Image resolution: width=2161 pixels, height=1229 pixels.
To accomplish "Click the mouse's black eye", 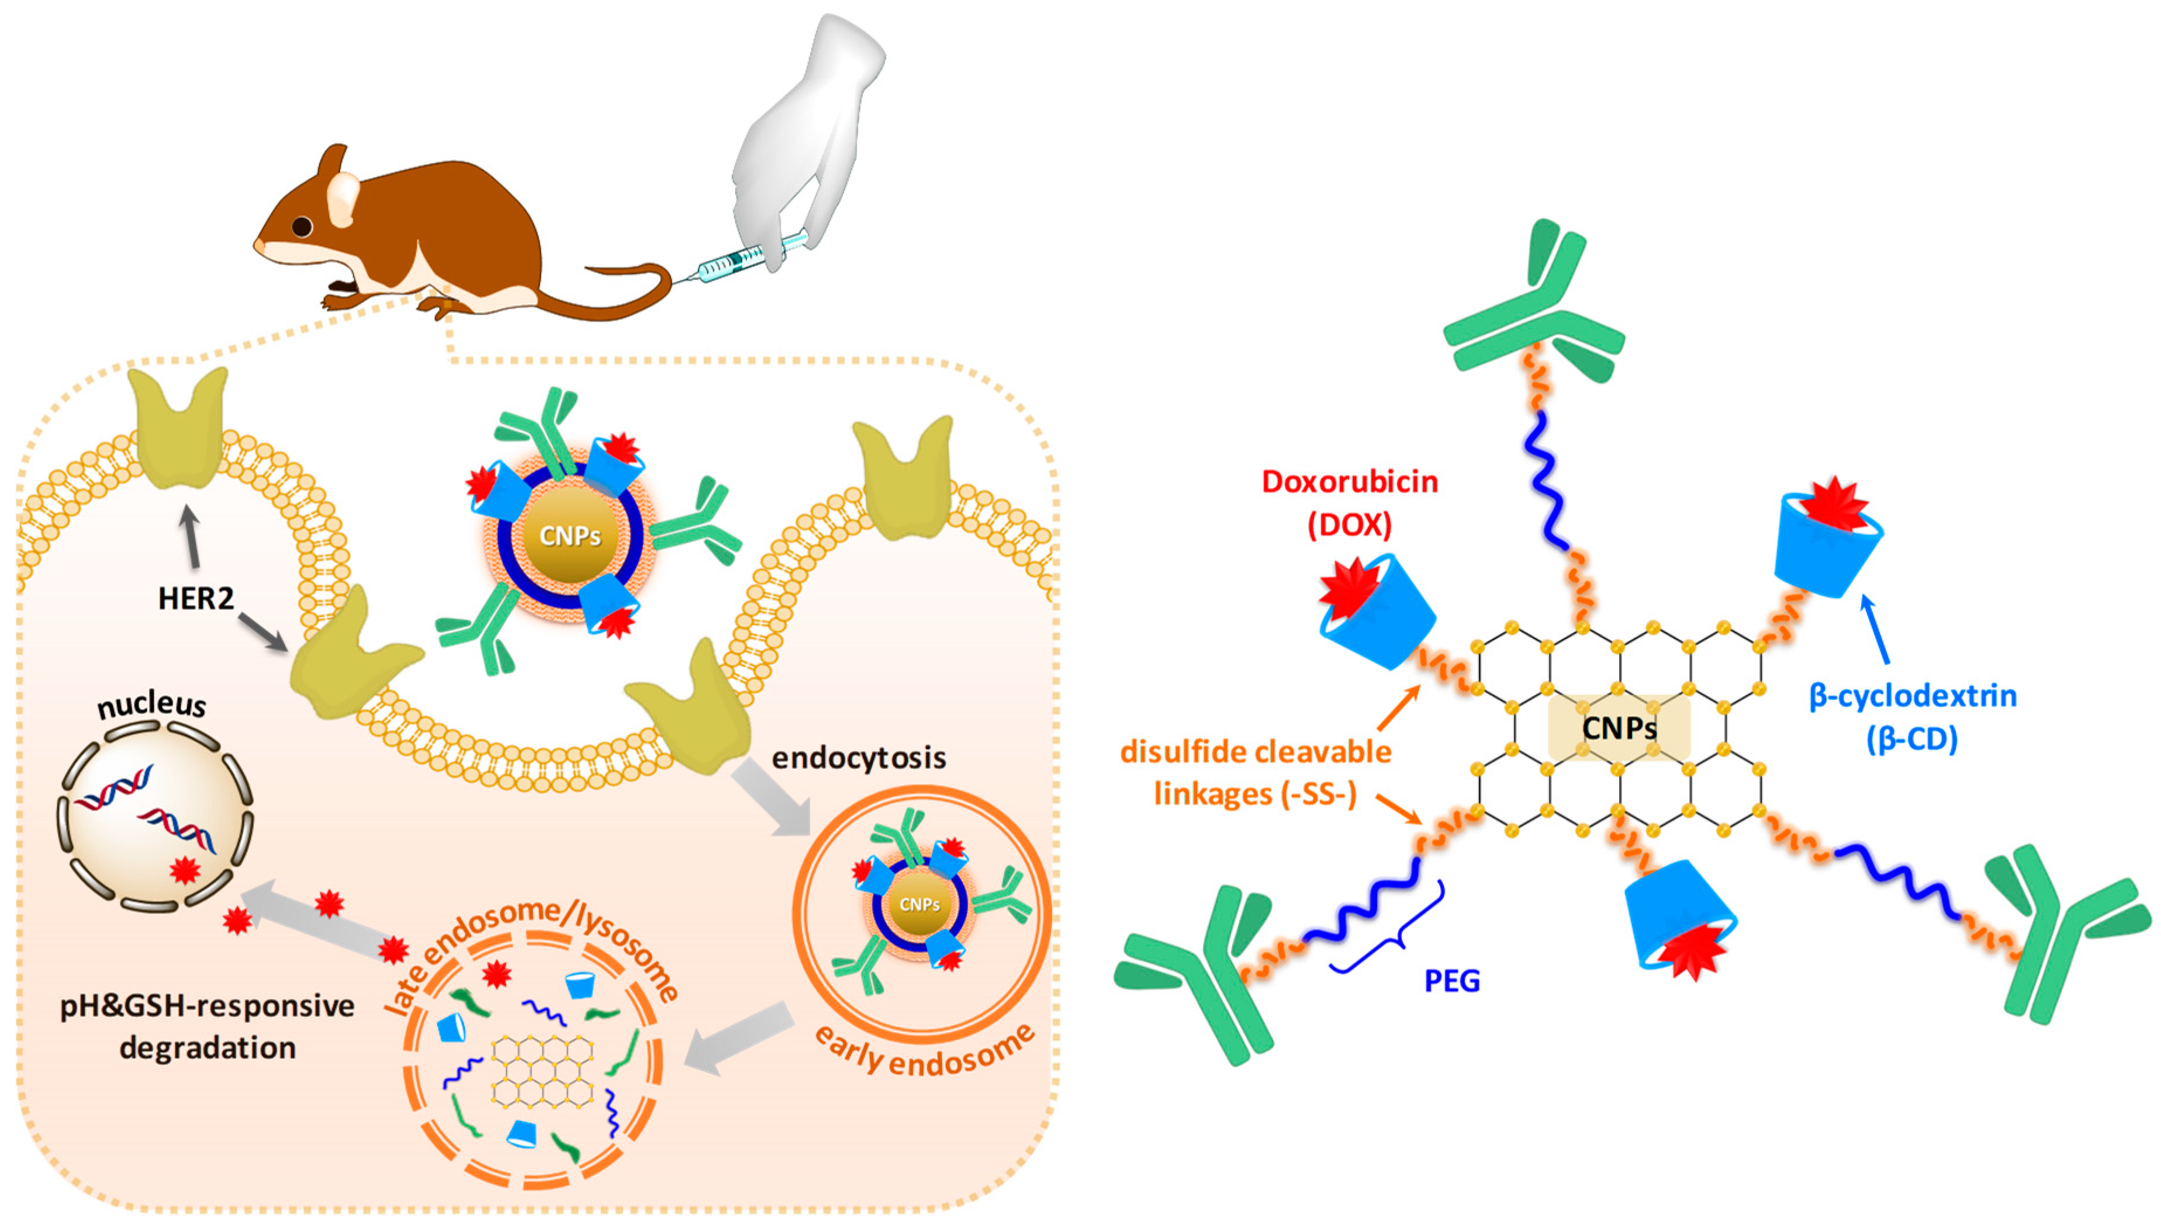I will pyautogui.click(x=302, y=226).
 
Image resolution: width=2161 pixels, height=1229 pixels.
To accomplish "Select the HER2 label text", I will pyautogui.click(x=196, y=599).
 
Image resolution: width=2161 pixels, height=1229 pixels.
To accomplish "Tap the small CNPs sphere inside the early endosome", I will pyautogui.click(x=919, y=905).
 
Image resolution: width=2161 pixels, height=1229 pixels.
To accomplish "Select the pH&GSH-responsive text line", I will pyautogui.click(x=208, y=1005).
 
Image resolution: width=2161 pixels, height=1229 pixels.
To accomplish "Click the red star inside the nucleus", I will pyautogui.click(x=184, y=869).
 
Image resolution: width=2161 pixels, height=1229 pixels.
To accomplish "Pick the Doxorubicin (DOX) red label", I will pyautogui.click(x=1349, y=503).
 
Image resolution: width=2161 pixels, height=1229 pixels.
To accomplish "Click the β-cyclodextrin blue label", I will pyautogui.click(x=1912, y=716).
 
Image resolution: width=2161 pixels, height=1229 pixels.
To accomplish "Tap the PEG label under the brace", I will pyautogui.click(x=1451, y=981).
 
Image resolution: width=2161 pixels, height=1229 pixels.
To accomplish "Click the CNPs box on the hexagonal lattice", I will pyautogui.click(x=1618, y=727).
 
